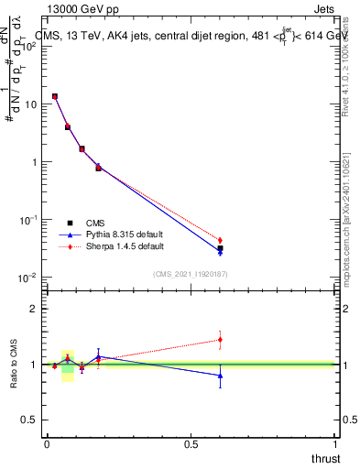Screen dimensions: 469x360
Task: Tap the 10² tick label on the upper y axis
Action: click(x=27, y=47)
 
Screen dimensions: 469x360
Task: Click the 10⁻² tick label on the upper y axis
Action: click(x=27, y=278)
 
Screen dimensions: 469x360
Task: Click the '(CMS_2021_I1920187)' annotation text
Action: click(x=191, y=273)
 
